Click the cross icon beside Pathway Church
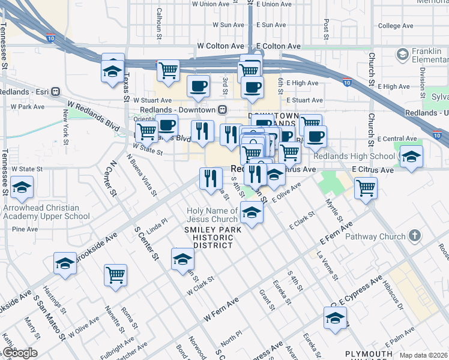[x=414, y=236]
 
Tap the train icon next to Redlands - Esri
[x=55, y=92]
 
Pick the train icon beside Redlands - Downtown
[x=223, y=110]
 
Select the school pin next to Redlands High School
[x=411, y=157]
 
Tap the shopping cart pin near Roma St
[x=115, y=275]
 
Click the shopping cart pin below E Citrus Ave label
[x=366, y=188]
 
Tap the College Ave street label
[x=396, y=26]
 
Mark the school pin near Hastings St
[x=65, y=263]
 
